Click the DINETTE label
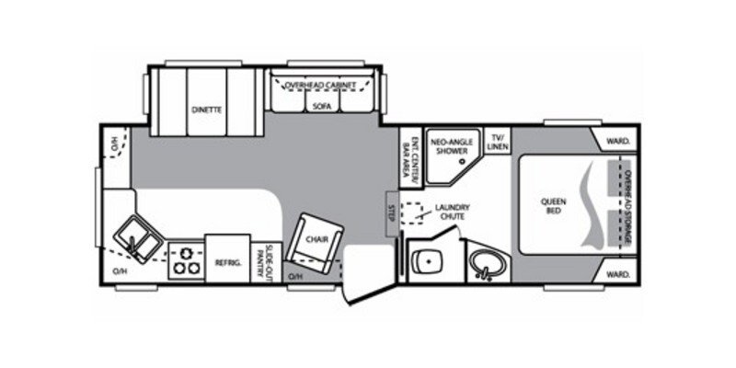pyautogui.click(x=206, y=109)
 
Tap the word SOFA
pyautogui.click(x=320, y=107)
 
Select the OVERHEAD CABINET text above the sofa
pyautogui.click(x=320, y=85)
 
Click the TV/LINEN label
pyautogui.click(x=497, y=141)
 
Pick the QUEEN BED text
pyautogui.click(x=554, y=206)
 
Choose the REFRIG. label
pyautogui.click(x=227, y=262)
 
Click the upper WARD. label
pyautogui.click(x=617, y=141)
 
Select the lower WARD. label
pyautogui.click(x=617, y=273)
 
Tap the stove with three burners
pyautogui.click(x=186, y=259)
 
